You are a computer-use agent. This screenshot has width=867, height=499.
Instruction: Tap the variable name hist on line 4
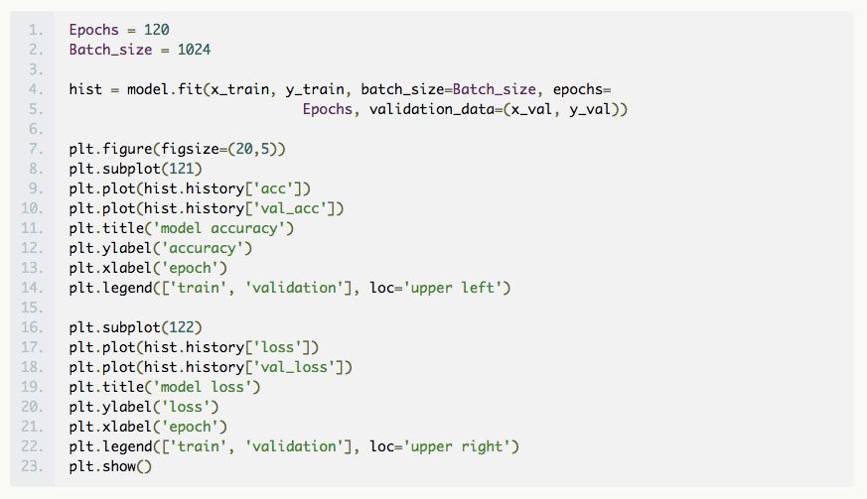85,89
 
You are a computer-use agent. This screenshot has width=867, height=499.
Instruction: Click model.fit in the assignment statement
164,89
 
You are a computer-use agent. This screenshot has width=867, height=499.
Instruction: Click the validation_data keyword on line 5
433,109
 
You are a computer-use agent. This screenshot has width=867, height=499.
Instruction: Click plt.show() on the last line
110,466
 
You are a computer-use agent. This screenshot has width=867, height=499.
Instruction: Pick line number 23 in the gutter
35,466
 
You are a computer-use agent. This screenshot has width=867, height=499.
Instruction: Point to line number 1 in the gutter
38,30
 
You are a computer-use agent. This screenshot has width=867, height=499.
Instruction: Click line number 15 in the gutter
35,308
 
